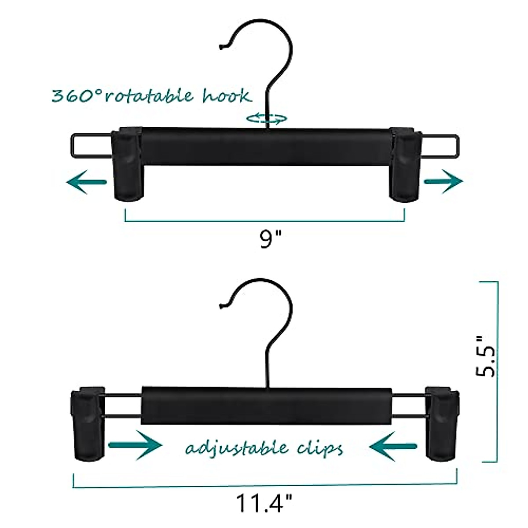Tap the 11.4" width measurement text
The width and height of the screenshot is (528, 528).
tap(264, 503)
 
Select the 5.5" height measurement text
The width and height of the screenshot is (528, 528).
tap(486, 356)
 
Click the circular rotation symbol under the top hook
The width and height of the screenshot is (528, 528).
tap(266, 118)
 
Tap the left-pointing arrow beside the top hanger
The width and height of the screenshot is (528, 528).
tap(86, 182)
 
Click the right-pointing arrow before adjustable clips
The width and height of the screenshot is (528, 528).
tap(135, 445)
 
